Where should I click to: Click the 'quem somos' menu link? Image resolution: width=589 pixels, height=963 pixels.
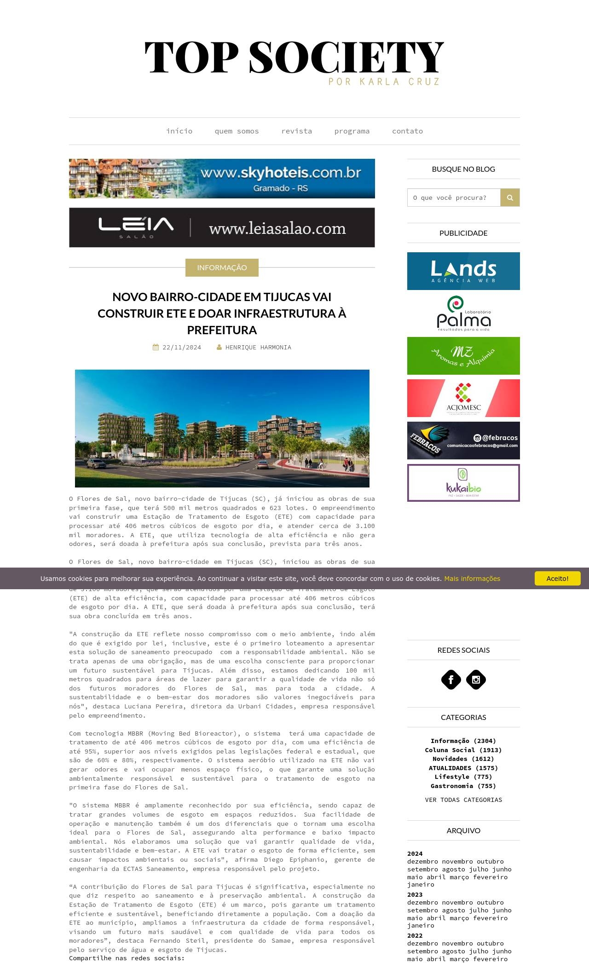tap(237, 131)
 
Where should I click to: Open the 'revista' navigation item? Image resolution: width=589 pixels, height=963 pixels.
tap(296, 131)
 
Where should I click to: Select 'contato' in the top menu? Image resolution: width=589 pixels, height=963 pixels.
tap(407, 131)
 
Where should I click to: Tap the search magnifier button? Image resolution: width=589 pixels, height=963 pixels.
tap(510, 197)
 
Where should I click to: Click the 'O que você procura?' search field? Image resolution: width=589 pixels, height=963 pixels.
tap(454, 197)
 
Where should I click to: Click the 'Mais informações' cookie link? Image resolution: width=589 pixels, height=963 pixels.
tap(472, 579)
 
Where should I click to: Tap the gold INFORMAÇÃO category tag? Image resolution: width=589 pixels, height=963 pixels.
tap(222, 267)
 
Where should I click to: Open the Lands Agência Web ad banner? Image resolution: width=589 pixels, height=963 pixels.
tap(463, 271)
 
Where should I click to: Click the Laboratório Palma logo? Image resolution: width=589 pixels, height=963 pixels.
tap(463, 313)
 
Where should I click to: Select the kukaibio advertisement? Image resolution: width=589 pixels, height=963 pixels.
tap(463, 483)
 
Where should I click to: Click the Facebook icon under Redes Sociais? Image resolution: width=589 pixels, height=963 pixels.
tap(451, 679)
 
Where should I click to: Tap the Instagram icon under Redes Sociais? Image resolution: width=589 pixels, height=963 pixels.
tap(476, 679)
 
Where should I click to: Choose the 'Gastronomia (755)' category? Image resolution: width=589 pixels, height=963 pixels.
tap(463, 786)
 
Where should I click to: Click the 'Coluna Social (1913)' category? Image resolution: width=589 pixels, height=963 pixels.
tap(463, 750)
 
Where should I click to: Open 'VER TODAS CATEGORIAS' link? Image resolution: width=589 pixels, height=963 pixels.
tap(463, 800)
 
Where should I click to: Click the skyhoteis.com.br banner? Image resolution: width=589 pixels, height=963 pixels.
tap(222, 179)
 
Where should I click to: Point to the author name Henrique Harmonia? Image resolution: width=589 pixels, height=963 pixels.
tap(258, 348)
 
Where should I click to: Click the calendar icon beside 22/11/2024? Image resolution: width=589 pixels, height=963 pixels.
tap(156, 348)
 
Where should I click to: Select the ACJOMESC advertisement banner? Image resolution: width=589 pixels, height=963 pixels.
tap(463, 398)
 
